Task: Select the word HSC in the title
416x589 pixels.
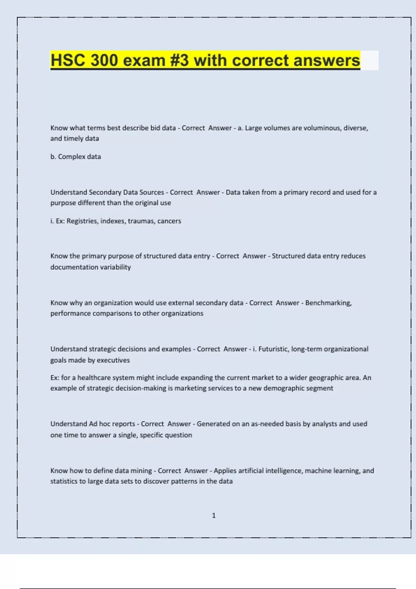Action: [x=68, y=60]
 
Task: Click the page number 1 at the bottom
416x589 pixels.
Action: [x=214, y=516]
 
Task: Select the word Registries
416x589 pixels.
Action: [x=81, y=221]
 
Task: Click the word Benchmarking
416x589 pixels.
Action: [x=328, y=303]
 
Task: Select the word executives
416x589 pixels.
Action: [x=113, y=360]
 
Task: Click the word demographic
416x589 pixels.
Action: [x=283, y=388]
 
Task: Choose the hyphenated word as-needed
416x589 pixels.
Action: [x=263, y=424]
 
